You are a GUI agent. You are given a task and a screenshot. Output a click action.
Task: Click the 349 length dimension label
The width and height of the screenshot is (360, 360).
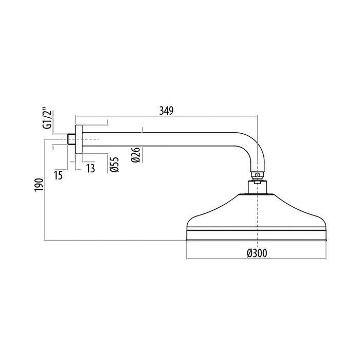(x=167, y=111)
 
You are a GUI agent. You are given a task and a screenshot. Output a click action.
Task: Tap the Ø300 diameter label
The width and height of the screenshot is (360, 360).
(x=257, y=253)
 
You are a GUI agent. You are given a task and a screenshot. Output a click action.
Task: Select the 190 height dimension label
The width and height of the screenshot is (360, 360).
(x=39, y=185)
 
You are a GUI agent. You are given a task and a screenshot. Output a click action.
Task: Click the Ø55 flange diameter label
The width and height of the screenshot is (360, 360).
(x=114, y=165)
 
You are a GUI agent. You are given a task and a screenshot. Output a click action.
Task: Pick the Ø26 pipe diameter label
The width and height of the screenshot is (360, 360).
(x=136, y=155)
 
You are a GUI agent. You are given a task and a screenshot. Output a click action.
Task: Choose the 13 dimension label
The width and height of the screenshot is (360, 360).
(x=91, y=169)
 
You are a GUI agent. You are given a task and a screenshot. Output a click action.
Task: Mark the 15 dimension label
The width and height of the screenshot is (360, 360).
(x=59, y=175)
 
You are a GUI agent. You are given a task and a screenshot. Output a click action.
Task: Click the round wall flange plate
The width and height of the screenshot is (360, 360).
(x=79, y=139)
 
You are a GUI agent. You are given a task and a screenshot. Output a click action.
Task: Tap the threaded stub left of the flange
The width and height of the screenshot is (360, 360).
(x=71, y=139)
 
